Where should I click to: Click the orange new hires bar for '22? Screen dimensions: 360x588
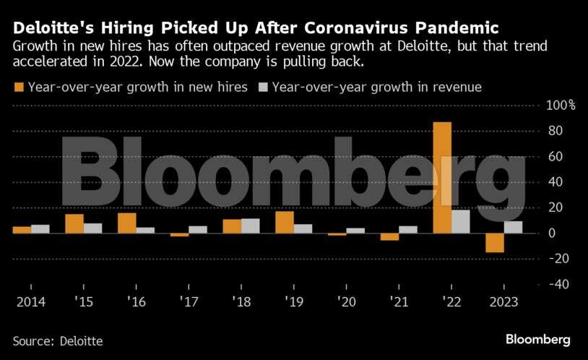(442, 177)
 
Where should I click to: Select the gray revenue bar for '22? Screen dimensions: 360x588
(460, 221)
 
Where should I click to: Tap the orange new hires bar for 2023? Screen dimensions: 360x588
(495, 243)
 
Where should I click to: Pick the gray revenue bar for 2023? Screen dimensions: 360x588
(513, 227)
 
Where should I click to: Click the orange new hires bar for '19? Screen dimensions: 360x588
(285, 222)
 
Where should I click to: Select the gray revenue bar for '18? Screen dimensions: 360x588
(250, 226)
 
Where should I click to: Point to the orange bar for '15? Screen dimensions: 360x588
(74, 223)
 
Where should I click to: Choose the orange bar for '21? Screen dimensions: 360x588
(390, 236)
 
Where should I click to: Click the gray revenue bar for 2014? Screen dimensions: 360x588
(40, 228)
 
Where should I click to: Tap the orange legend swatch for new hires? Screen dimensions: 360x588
(18, 87)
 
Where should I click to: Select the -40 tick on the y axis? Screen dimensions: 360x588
(560, 284)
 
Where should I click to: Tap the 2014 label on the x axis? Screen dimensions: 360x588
(30, 301)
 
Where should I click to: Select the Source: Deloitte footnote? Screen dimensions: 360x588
(58, 340)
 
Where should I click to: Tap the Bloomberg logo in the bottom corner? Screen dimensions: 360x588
(538, 339)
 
